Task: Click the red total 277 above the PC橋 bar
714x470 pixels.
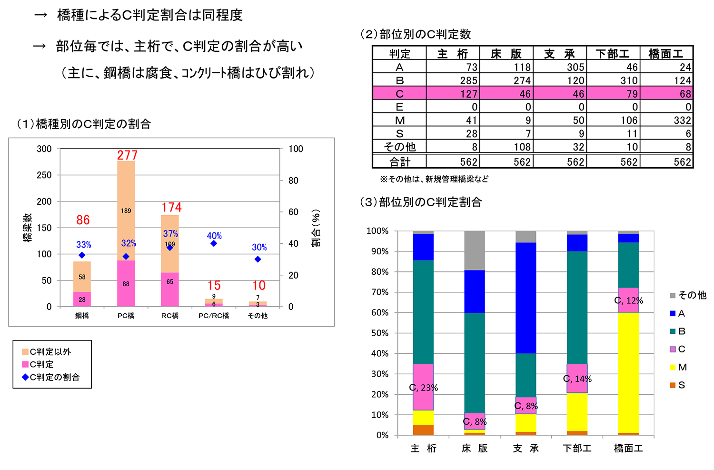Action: click(127, 155)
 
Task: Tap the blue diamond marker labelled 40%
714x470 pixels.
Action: click(214, 243)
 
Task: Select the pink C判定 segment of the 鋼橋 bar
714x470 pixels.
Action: click(82, 299)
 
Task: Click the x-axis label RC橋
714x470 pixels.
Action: click(170, 316)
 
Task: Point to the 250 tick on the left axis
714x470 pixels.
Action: click(44, 175)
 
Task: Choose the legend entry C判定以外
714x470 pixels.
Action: click(47, 352)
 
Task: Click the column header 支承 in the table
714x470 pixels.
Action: click(559, 54)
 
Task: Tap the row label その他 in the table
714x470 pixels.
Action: click(399, 147)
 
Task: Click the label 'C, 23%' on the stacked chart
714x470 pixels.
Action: click(423, 388)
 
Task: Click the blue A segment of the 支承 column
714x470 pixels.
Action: click(526, 298)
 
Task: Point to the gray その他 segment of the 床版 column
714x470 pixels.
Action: click(474, 250)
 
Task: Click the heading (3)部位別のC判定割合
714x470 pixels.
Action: click(421, 202)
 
